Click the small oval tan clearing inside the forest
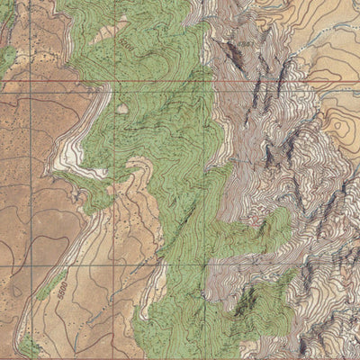(x=121, y=109)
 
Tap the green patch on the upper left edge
(x=7, y=58)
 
